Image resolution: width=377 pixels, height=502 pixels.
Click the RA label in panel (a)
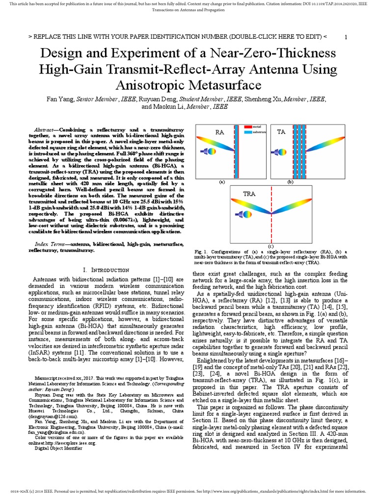[x=219, y=132]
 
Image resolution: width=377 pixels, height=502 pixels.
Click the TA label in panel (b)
[x=281, y=132]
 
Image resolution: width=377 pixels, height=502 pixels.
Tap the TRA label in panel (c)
[x=249, y=194]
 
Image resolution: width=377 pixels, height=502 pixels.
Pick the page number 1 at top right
[x=346, y=38]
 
